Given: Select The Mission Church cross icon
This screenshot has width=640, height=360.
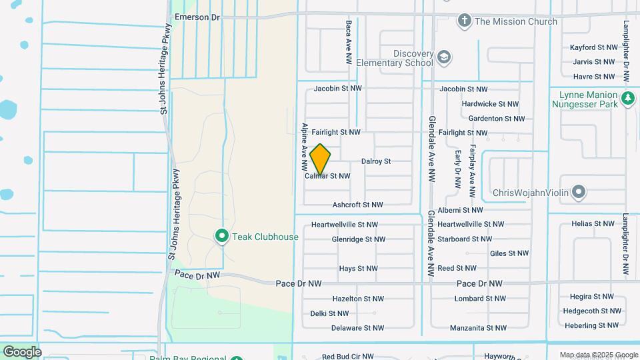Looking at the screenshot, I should [x=464, y=21].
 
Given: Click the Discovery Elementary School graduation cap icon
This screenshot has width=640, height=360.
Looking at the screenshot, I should [x=444, y=58].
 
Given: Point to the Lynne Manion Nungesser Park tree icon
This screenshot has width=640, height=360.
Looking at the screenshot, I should [x=627, y=99].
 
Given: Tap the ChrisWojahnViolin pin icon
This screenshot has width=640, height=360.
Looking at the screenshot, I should [x=579, y=193].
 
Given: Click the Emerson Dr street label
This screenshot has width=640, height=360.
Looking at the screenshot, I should [x=197, y=17].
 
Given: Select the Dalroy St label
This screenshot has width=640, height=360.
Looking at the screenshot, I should [x=376, y=161].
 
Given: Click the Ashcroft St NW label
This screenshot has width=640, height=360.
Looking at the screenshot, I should [x=358, y=205].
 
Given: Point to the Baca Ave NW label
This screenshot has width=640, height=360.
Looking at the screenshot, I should [x=349, y=41].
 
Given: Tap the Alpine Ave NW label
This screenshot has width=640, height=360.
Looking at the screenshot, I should [x=304, y=145].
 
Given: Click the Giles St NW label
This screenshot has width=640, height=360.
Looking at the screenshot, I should [x=509, y=253].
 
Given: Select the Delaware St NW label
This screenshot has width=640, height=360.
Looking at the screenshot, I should [x=358, y=327].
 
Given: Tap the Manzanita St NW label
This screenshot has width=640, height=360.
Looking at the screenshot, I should [x=478, y=327].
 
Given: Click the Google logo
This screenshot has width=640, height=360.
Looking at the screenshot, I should [x=22, y=351].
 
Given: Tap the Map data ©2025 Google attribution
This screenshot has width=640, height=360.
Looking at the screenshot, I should [x=599, y=355].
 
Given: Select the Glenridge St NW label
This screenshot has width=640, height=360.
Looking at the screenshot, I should [x=359, y=239].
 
